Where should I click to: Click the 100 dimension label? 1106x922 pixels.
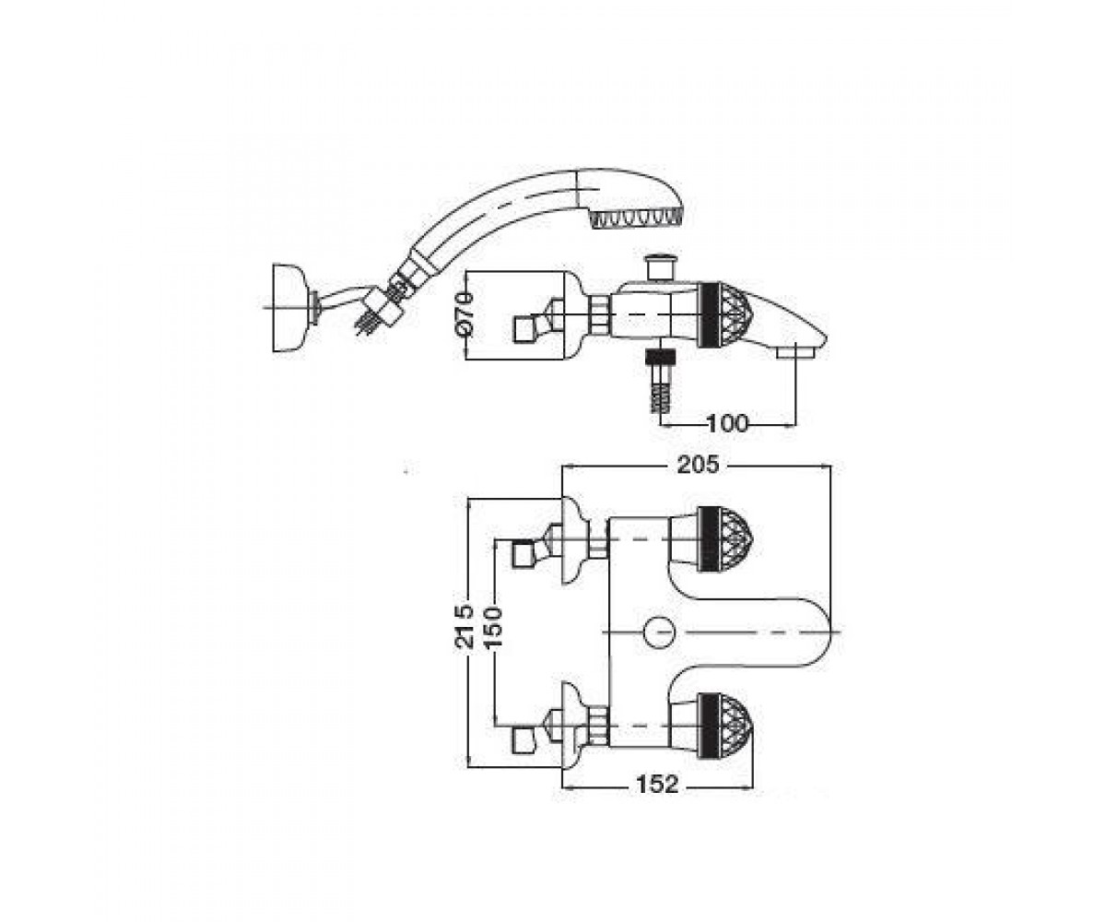click(727, 423)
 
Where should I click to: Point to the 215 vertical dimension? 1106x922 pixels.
click(465, 626)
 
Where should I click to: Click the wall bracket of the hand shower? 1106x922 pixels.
click(289, 307)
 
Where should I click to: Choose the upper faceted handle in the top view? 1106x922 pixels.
click(724, 539)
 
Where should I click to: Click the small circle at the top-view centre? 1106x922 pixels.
click(658, 632)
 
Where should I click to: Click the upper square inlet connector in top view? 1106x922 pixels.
click(524, 553)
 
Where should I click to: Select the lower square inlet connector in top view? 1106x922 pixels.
click(524, 739)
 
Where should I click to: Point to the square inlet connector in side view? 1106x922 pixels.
click(524, 328)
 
